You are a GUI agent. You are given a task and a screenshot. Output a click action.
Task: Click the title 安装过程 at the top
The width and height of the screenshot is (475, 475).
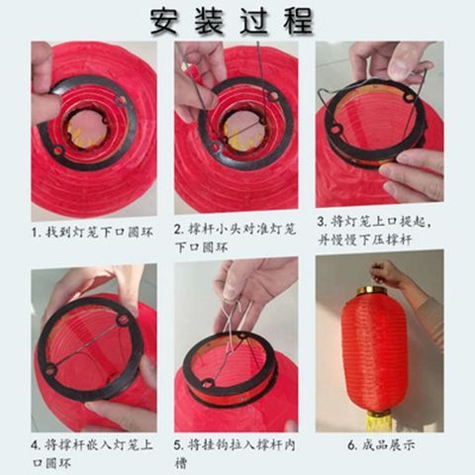232,22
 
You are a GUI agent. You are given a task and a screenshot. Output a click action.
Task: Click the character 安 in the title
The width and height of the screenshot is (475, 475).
164,22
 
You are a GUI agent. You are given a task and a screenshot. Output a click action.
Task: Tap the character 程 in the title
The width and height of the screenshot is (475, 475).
298,22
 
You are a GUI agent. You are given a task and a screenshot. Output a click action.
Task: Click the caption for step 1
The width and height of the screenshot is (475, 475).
92,232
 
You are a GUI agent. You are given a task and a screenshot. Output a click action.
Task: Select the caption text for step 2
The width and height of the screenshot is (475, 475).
236,237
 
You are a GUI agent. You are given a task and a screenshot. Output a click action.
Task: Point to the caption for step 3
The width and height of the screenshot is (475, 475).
374,231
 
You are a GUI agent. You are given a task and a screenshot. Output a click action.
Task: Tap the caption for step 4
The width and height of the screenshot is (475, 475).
92,453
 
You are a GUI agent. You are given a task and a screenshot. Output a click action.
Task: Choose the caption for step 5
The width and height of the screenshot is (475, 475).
235,453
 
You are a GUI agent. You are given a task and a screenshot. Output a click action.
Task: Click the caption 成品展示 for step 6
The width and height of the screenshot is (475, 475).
381,445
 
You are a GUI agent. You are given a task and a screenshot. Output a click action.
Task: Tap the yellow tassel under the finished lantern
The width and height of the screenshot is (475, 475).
379,421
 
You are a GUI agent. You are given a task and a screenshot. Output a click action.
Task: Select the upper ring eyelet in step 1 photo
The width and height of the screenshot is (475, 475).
121,100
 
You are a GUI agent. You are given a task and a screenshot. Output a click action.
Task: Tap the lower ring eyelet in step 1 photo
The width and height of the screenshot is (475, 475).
58,150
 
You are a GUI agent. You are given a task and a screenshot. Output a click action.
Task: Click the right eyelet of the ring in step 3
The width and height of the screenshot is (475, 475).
410,97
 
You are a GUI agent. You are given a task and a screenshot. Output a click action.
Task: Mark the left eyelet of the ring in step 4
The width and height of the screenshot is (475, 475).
50,370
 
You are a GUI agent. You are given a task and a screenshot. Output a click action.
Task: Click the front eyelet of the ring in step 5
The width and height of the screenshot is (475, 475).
208,384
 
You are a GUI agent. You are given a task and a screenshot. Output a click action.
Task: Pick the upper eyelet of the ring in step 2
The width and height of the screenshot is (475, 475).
273,96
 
